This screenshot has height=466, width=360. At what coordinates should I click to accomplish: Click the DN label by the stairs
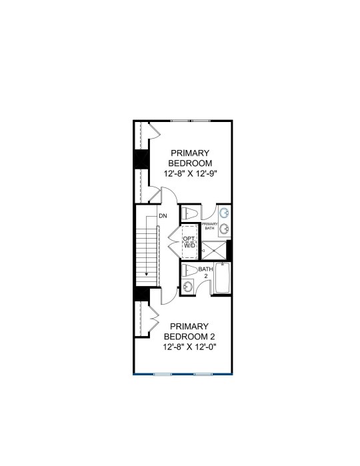tap(163, 216)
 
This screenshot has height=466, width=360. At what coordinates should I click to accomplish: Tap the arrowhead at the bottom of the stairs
tap(147, 274)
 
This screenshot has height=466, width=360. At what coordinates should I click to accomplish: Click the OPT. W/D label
tap(189, 242)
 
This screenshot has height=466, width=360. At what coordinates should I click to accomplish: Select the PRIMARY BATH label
tap(209, 226)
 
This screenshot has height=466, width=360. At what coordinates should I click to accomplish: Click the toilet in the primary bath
tap(189, 213)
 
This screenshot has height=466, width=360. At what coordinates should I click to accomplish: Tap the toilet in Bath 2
tap(189, 270)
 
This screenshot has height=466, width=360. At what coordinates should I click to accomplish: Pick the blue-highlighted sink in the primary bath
tap(224, 213)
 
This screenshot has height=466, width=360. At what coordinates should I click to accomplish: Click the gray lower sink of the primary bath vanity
tap(224, 229)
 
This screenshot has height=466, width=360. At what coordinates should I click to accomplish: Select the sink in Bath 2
tap(187, 287)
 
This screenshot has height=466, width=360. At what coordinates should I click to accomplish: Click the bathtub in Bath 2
tap(223, 277)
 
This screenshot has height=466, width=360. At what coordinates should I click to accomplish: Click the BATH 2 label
tap(206, 273)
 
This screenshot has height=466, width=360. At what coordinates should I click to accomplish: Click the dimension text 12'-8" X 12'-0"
tap(189, 347)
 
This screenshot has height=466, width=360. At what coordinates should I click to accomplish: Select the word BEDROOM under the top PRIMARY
tap(190, 163)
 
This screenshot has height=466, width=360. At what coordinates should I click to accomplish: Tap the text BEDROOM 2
tap(189, 337)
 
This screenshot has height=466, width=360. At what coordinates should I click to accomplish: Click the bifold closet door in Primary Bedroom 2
tap(153, 319)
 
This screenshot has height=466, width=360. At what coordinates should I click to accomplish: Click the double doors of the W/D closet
tap(175, 241)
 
